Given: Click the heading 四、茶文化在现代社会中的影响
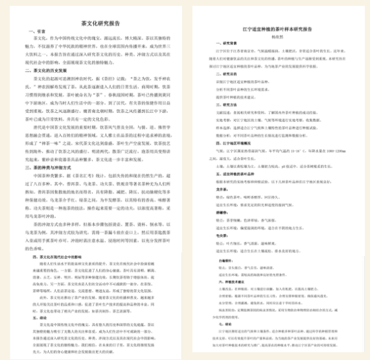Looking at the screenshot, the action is (x=64, y=238).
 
